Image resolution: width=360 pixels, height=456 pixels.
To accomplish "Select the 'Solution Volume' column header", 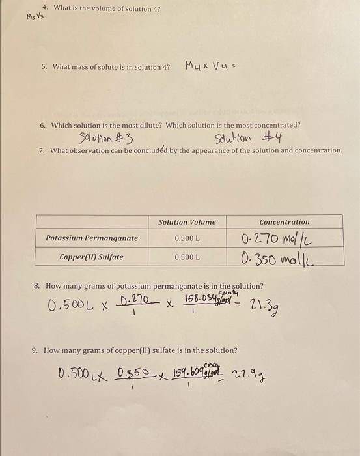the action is point(187,222).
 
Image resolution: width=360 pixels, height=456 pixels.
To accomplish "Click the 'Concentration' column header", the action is point(284,222).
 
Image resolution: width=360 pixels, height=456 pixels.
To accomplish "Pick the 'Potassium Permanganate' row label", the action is point(92,238).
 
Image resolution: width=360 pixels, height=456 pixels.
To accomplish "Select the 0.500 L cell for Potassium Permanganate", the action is point(187,238).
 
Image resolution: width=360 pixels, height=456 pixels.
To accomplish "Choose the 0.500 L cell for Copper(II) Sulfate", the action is point(187,257).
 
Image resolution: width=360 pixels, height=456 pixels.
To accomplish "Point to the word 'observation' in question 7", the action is point(93,150).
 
